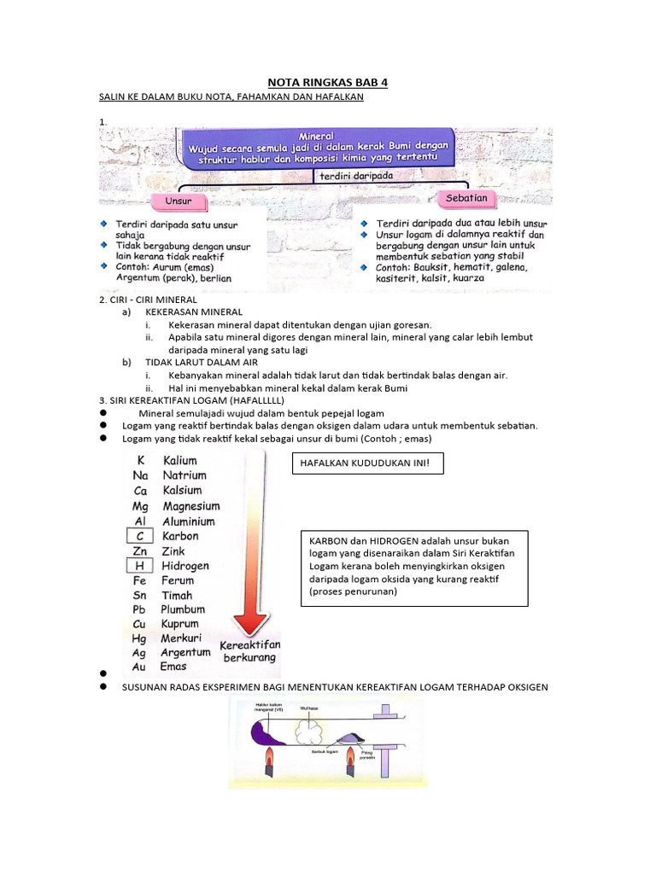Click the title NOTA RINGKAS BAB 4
pos(328,82)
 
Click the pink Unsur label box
pos(179,202)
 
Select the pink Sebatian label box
pos(466,198)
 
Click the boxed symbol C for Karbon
pos(140,536)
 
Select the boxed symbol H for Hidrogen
pos(140,565)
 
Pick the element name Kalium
pos(179,460)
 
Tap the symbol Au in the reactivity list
pos(140,667)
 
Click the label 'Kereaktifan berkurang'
pos(250,652)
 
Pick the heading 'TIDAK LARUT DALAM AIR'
pos(202,362)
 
